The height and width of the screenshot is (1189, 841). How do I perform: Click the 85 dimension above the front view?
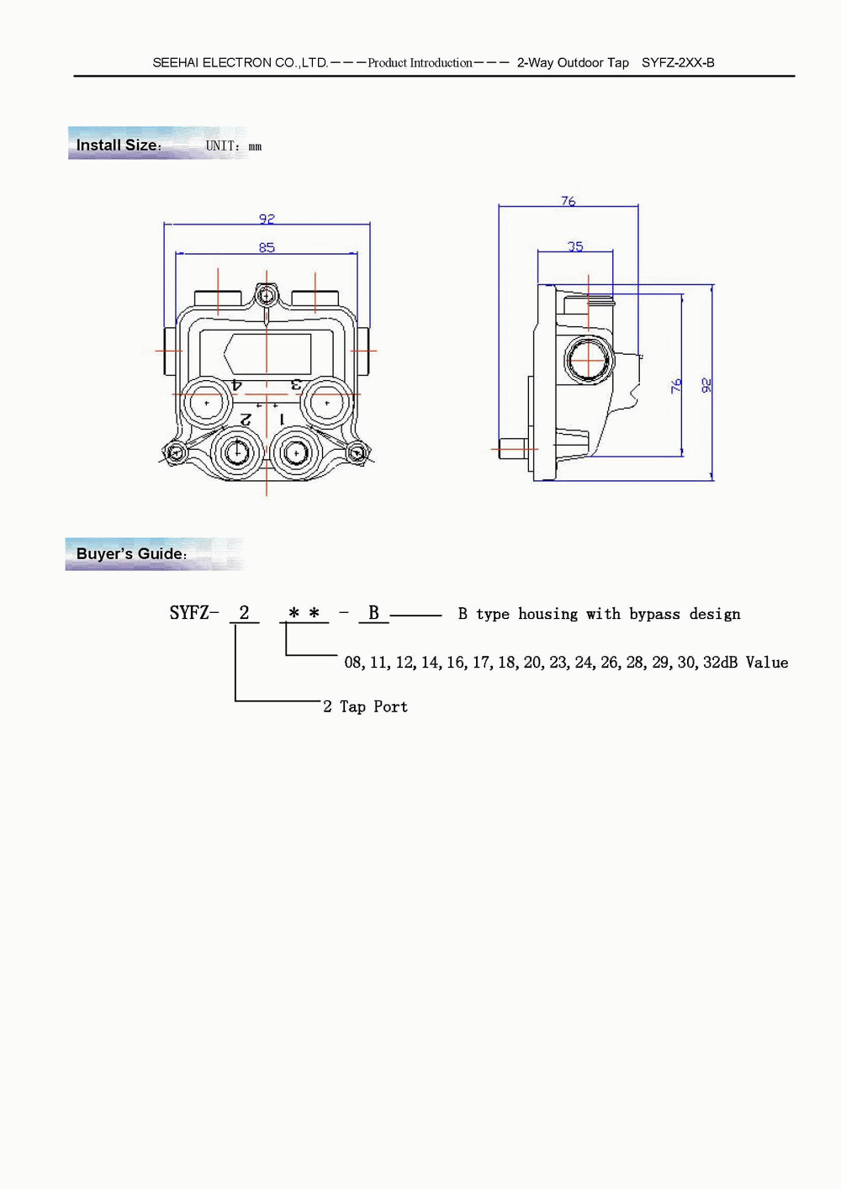click(267, 247)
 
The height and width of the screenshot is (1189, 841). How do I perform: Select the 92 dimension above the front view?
click(267, 219)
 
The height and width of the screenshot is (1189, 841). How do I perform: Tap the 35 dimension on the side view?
click(575, 246)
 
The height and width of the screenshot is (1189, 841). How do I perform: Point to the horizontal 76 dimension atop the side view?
click(569, 201)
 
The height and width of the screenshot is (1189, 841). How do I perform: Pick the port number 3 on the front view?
click(296, 383)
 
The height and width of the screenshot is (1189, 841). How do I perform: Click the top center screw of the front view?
click(267, 294)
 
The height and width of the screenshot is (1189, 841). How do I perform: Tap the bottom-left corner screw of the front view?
click(175, 452)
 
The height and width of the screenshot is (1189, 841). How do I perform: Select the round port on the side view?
click(589, 360)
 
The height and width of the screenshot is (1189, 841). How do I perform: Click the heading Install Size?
click(119, 145)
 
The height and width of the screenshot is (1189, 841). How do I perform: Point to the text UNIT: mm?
click(234, 146)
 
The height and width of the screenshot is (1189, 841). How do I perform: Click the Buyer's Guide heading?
click(131, 553)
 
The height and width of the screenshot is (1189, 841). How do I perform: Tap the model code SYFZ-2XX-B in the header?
click(678, 62)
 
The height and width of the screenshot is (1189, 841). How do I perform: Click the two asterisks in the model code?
click(304, 612)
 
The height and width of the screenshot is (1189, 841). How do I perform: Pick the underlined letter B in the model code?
click(373, 612)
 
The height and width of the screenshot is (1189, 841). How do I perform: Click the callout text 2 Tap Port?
click(365, 706)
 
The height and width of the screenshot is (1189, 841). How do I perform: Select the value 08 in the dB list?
click(353, 662)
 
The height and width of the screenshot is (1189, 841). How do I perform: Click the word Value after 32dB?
click(767, 662)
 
